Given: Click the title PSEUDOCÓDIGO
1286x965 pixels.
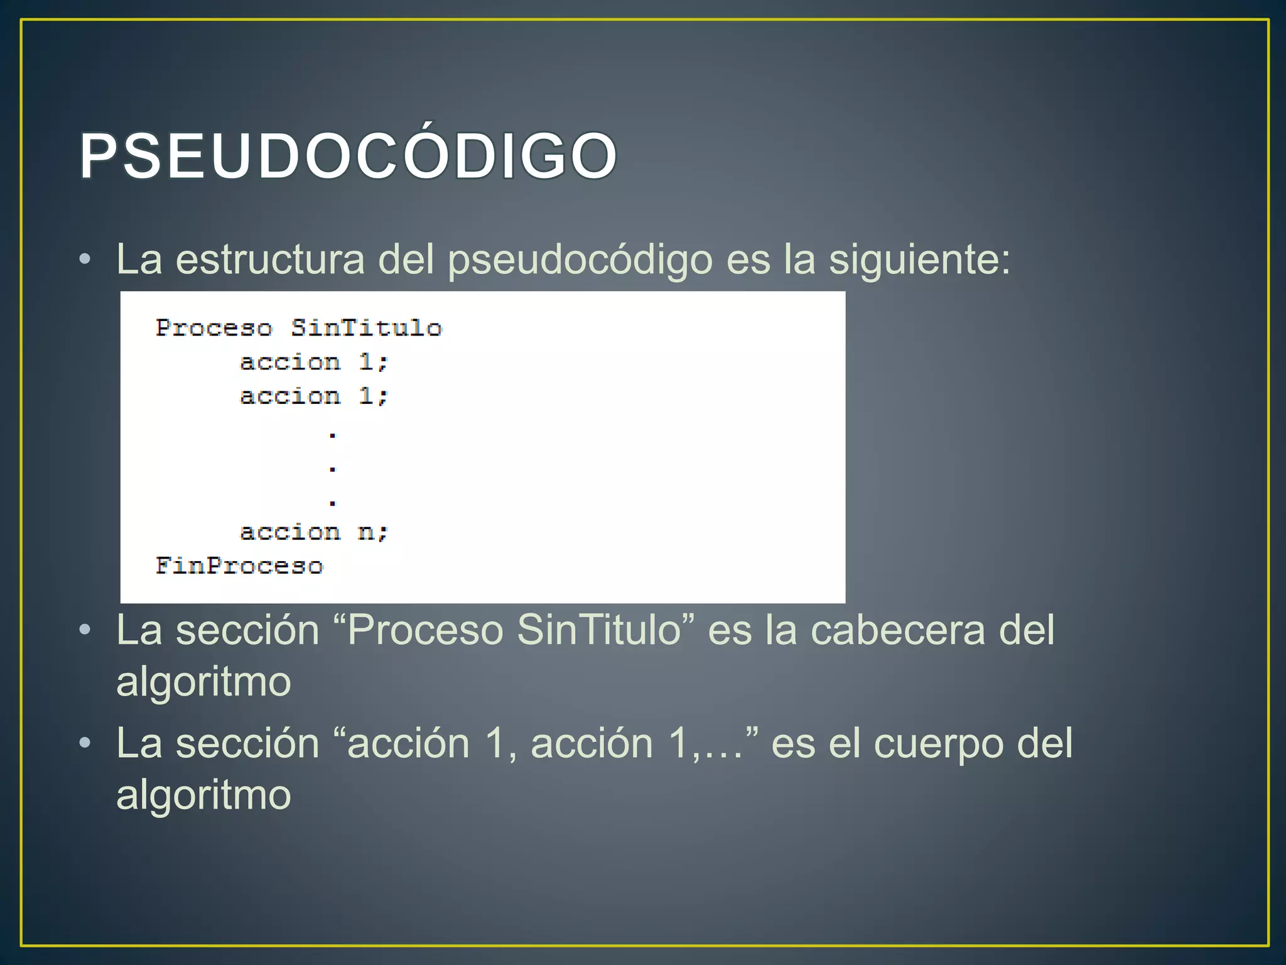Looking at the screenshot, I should (x=349, y=156).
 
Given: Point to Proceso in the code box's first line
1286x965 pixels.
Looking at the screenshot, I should (x=214, y=328).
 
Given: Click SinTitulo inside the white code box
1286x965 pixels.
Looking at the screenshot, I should (x=367, y=328).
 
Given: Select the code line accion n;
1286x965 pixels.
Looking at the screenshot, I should (x=314, y=533).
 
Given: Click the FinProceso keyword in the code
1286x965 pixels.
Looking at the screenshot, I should (x=239, y=566).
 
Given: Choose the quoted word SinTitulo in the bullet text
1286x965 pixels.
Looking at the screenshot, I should (x=599, y=630).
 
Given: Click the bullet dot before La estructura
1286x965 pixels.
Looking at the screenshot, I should (x=85, y=259).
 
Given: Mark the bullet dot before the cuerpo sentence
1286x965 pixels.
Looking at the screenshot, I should (x=85, y=744).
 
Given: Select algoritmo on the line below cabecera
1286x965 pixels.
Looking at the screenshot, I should (x=203, y=682).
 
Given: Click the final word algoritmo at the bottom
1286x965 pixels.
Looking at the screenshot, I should (x=203, y=795).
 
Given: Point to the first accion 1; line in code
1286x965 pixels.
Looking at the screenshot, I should (x=314, y=363).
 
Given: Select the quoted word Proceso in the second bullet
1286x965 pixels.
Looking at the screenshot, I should (x=425, y=630).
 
